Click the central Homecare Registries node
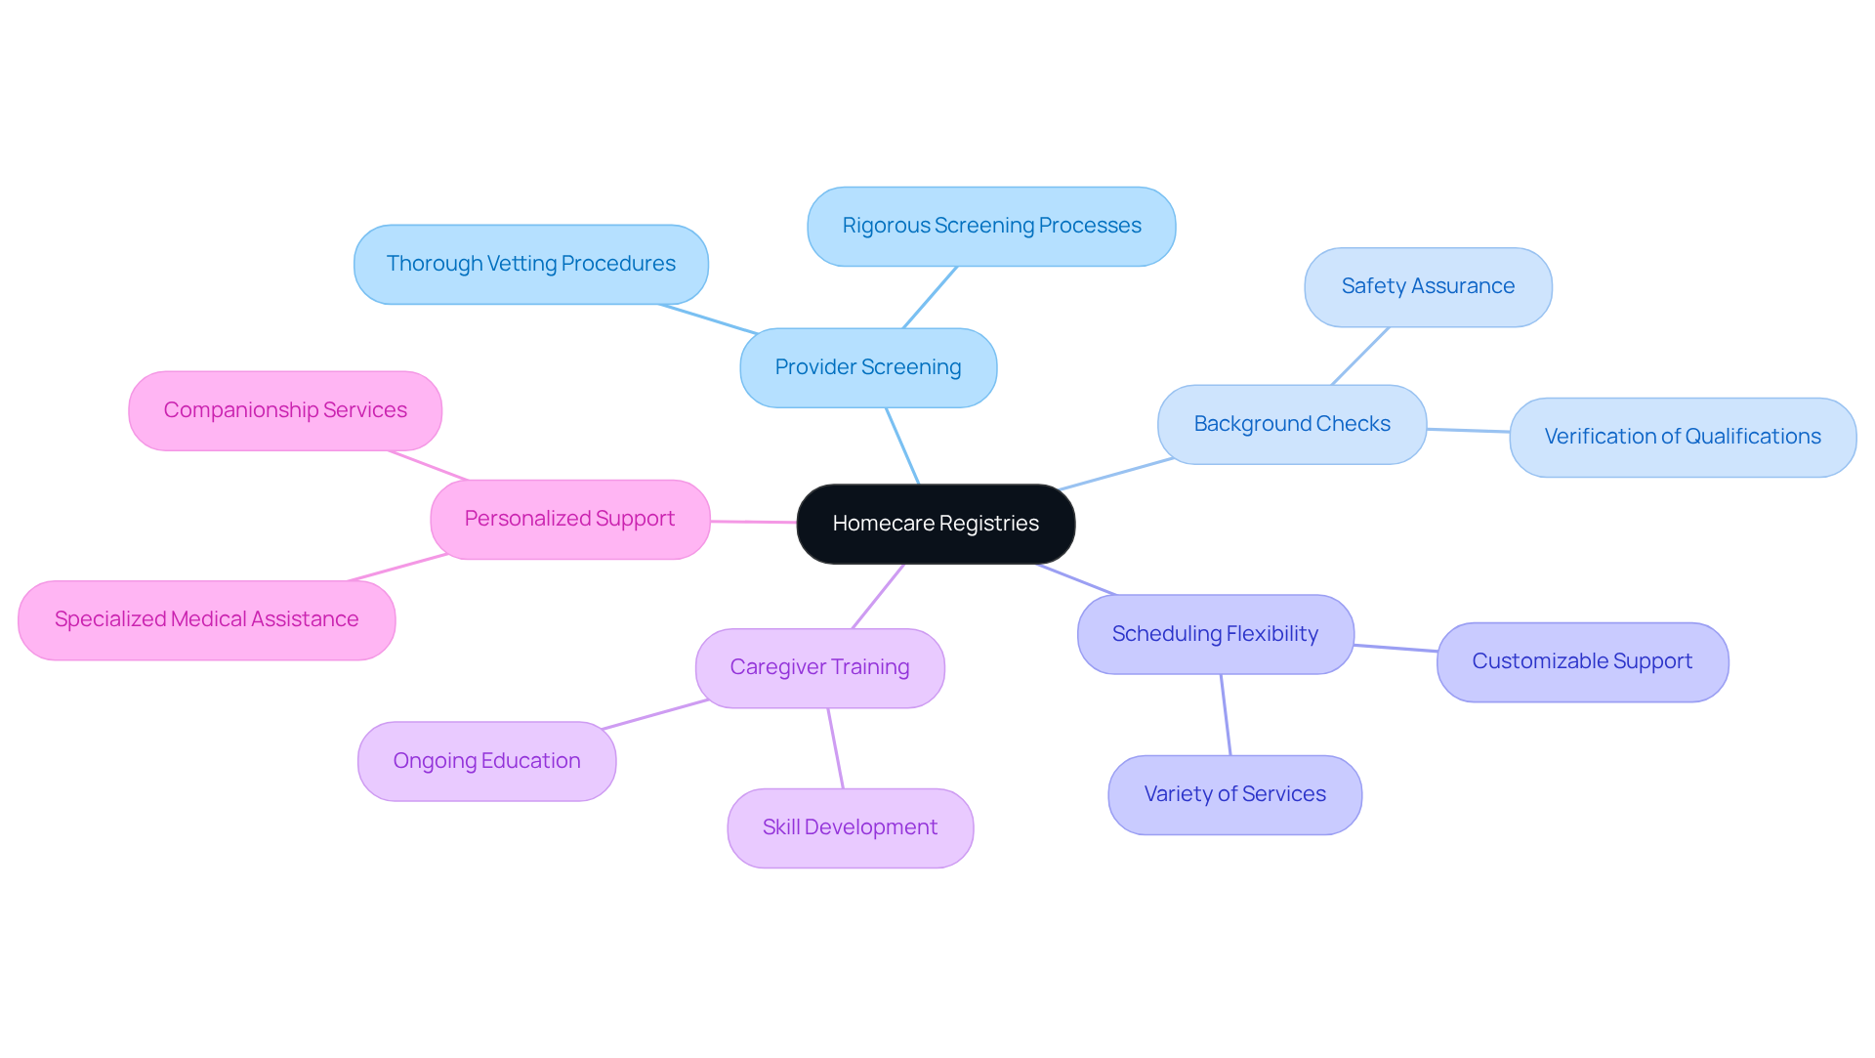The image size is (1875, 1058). [x=936, y=524]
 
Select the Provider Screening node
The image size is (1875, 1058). [x=868, y=367]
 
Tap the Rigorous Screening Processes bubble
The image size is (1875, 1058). [x=991, y=226]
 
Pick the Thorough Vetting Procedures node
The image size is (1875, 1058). [x=530, y=264]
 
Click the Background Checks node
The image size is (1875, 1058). [x=1291, y=424]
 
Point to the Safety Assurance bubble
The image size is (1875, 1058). [x=1428, y=286]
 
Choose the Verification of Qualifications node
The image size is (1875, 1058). [x=1682, y=437]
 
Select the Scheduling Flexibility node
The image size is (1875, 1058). [x=1215, y=634]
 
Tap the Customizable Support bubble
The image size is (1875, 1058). [x=1582, y=661]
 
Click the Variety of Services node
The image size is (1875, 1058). [x=1234, y=794]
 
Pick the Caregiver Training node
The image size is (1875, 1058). [x=819, y=667]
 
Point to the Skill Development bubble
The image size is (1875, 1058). [x=850, y=827]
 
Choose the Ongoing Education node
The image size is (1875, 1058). [x=486, y=761]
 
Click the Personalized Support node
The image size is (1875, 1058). [x=569, y=519]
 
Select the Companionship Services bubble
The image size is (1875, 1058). [x=285, y=410]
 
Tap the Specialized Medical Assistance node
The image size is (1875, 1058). [x=206, y=619]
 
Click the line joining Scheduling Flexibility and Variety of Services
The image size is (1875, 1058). [x=1226, y=715]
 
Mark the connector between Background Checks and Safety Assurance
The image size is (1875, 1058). [x=1360, y=356]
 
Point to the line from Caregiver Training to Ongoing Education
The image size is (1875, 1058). [x=655, y=714]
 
